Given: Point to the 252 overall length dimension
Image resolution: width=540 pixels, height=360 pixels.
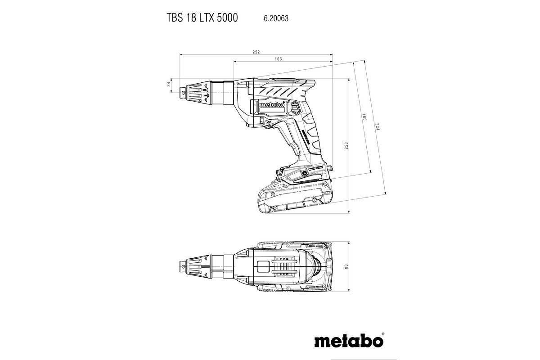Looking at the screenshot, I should [x=256, y=53].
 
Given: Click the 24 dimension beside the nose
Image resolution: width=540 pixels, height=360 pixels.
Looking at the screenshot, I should [x=169, y=84].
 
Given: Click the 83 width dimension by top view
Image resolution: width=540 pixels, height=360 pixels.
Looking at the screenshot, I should [x=346, y=266].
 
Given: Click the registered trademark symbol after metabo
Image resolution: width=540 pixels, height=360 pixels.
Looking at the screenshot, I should [x=383, y=334].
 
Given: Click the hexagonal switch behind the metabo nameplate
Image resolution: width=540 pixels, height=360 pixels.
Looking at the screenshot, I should [x=295, y=108].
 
